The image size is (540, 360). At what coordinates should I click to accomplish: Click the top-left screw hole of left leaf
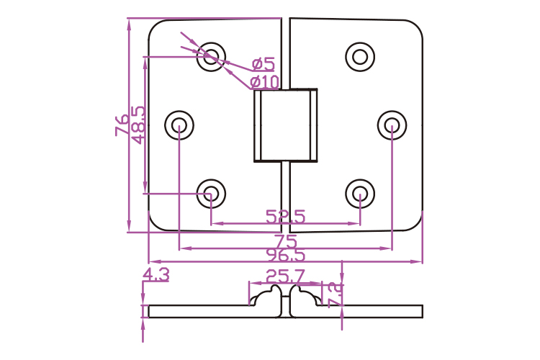[x=212, y=55]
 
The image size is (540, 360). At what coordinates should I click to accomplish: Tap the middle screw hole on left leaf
[x=180, y=126]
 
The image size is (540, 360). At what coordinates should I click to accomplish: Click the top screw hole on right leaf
[x=360, y=55]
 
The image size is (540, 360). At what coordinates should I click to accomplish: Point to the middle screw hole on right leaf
[x=392, y=126]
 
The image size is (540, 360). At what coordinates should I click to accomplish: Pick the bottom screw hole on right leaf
[x=360, y=193]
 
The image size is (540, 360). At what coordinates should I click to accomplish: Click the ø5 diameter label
[x=264, y=64]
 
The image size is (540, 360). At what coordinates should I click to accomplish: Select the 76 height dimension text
[x=122, y=125]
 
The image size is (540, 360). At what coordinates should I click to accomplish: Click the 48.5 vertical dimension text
[x=138, y=125]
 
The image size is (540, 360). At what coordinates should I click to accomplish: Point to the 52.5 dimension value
[x=285, y=216]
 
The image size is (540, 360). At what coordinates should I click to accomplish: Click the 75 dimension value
[x=286, y=240]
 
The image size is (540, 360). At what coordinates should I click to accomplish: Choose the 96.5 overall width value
[x=286, y=255]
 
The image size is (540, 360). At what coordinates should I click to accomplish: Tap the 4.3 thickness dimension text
[x=156, y=274]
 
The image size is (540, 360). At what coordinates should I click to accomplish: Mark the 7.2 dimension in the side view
[x=335, y=295]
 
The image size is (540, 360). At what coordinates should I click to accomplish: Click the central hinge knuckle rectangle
[x=286, y=125]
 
